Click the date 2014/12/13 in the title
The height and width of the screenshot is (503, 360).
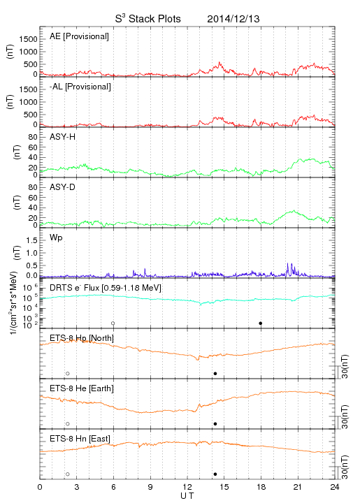[233, 19]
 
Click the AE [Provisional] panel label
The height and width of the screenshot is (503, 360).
[79, 36]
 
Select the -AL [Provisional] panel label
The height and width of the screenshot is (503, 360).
[80, 87]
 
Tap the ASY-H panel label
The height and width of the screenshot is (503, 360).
[63, 137]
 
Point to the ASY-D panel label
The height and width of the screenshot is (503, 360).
[63, 187]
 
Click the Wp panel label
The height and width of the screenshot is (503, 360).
[56, 238]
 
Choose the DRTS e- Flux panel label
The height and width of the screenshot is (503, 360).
[106, 288]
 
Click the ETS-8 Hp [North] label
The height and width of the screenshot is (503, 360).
[82, 338]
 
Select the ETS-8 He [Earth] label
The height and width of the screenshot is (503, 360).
[82, 388]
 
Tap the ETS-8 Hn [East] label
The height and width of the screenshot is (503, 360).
[80, 439]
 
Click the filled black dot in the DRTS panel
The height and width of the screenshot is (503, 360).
[261, 323]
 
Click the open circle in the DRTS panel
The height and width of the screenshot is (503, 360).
[113, 323]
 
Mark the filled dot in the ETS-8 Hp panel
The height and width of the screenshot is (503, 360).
[215, 373]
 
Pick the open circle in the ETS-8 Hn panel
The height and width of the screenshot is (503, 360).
[68, 474]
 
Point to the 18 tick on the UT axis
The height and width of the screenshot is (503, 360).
[261, 487]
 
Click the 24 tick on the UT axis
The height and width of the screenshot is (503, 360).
[335, 487]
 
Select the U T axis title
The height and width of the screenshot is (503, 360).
[187, 496]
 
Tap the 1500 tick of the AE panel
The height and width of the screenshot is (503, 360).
[28, 39]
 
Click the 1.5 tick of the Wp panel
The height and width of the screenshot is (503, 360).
[31, 240]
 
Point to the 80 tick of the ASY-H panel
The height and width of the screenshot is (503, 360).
[33, 137]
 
